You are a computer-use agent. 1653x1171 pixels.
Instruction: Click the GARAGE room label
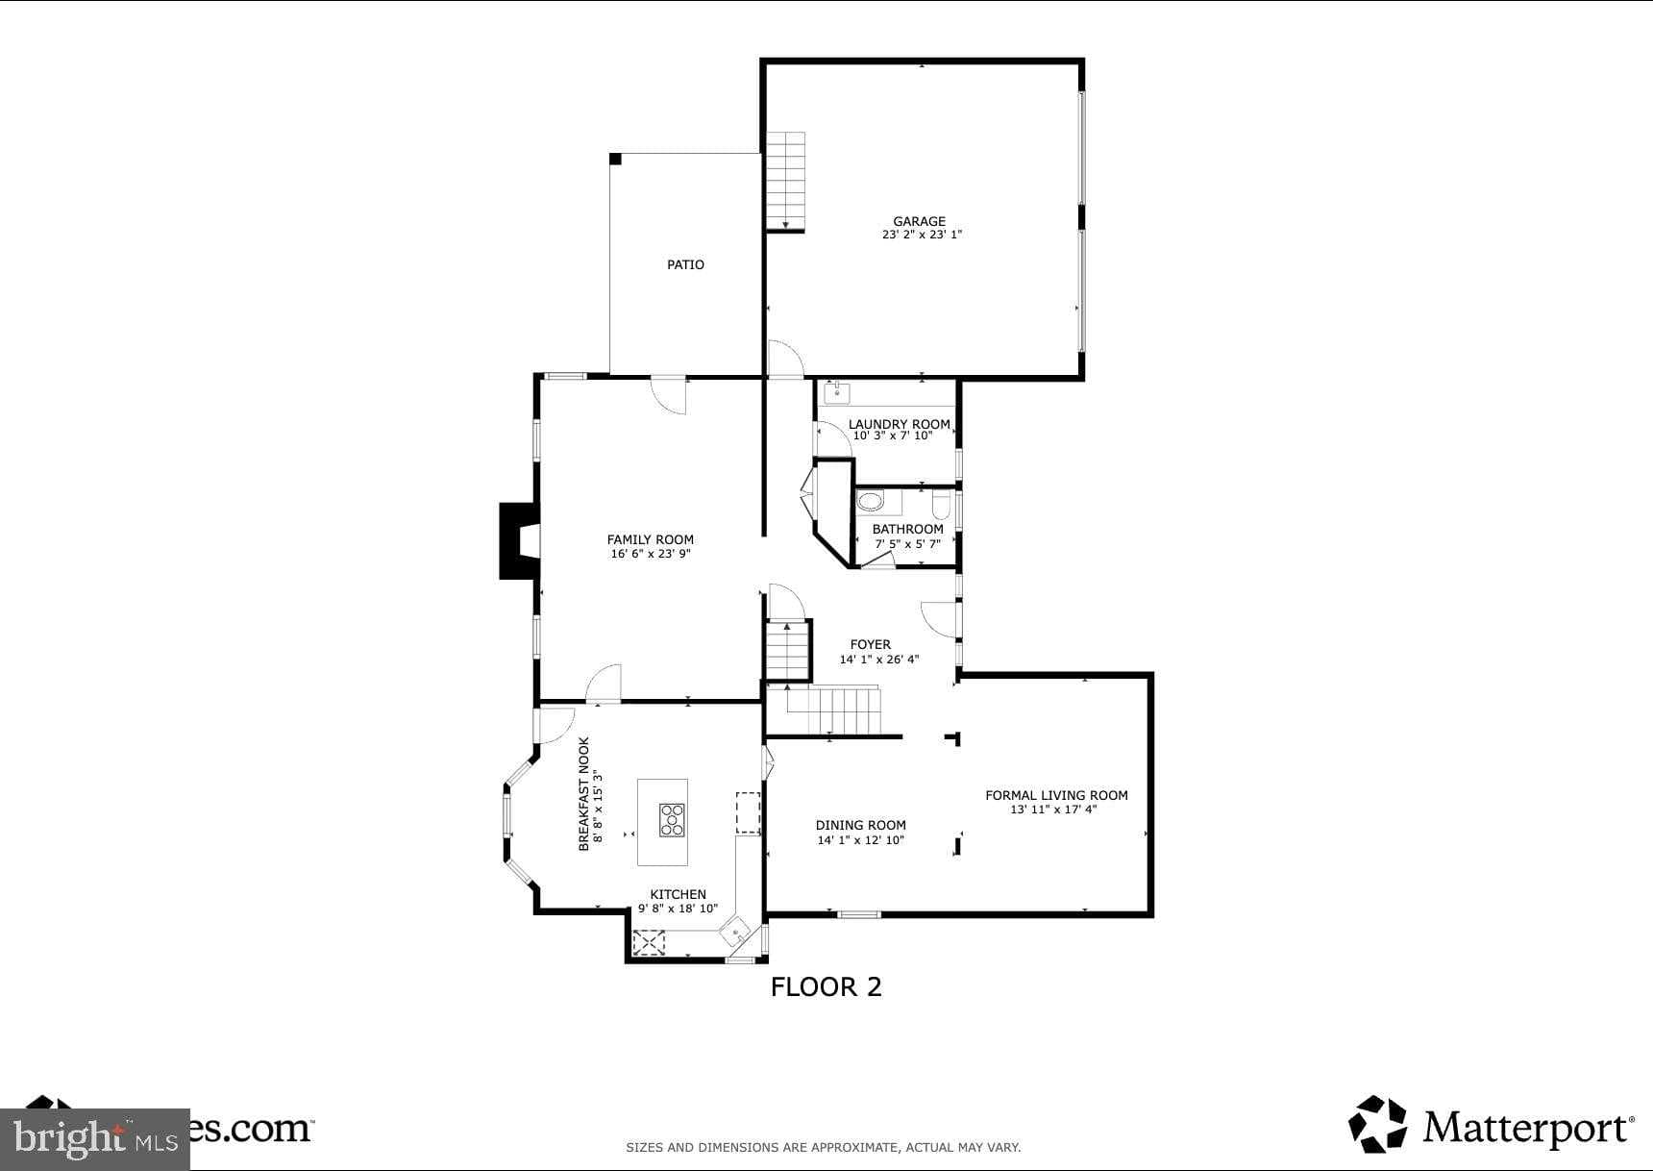click(919, 221)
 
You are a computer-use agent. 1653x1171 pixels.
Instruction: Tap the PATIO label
click(685, 264)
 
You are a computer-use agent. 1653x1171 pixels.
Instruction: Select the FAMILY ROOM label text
click(650, 539)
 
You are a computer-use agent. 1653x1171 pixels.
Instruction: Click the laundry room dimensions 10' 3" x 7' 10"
click(893, 436)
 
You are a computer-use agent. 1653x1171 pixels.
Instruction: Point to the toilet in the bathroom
click(941, 503)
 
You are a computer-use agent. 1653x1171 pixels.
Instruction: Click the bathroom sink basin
click(871, 501)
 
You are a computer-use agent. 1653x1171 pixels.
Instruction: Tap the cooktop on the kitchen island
click(672, 819)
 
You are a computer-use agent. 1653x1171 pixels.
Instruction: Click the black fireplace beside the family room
click(516, 541)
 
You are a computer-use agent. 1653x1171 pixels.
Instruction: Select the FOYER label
click(870, 644)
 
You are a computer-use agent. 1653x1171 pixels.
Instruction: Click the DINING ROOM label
click(860, 825)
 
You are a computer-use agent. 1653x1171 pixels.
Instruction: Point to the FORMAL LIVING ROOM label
click(1055, 795)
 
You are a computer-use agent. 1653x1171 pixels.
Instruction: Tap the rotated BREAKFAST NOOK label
click(583, 794)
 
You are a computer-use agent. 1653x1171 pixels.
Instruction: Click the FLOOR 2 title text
click(826, 986)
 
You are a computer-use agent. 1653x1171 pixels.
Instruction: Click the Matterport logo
click(1490, 1125)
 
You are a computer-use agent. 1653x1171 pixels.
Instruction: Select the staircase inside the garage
click(785, 181)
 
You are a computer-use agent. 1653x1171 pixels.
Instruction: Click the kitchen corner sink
click(736, 931)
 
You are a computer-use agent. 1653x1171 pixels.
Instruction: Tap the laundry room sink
click(837, 391)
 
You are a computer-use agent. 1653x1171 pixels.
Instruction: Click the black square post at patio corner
click(615, 159)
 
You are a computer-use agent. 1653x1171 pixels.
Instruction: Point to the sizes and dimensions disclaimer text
click(823, 1147)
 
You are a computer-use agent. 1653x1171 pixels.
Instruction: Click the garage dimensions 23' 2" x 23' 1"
click(921, 235)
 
